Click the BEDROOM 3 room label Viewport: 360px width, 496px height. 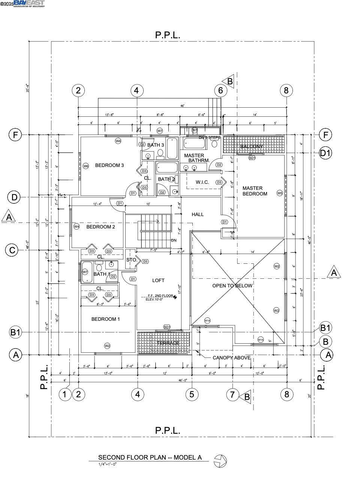(109, 165)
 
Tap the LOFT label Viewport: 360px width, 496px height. (158, 280)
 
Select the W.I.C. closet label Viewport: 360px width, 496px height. (202, 182)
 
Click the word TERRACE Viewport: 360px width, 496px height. (168, 343)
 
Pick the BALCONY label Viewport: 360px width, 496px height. (252, 146)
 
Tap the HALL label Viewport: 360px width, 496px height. (198, 214)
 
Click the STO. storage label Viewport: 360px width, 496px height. (131, 260)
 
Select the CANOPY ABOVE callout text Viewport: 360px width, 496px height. (231, 358)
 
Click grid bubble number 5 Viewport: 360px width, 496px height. (192, 394)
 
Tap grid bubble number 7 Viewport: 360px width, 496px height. (232, 394)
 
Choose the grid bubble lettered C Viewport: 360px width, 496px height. (12, 250)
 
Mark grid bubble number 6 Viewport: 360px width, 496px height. (220, 90)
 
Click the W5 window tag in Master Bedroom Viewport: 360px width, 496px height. (279, 193)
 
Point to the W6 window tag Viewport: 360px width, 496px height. (86, 166)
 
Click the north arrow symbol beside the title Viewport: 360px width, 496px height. (220, 461)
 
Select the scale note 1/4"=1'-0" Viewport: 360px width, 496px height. (108, 464)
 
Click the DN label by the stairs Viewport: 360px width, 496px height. (174, 240)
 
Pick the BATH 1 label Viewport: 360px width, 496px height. (102, 274)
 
